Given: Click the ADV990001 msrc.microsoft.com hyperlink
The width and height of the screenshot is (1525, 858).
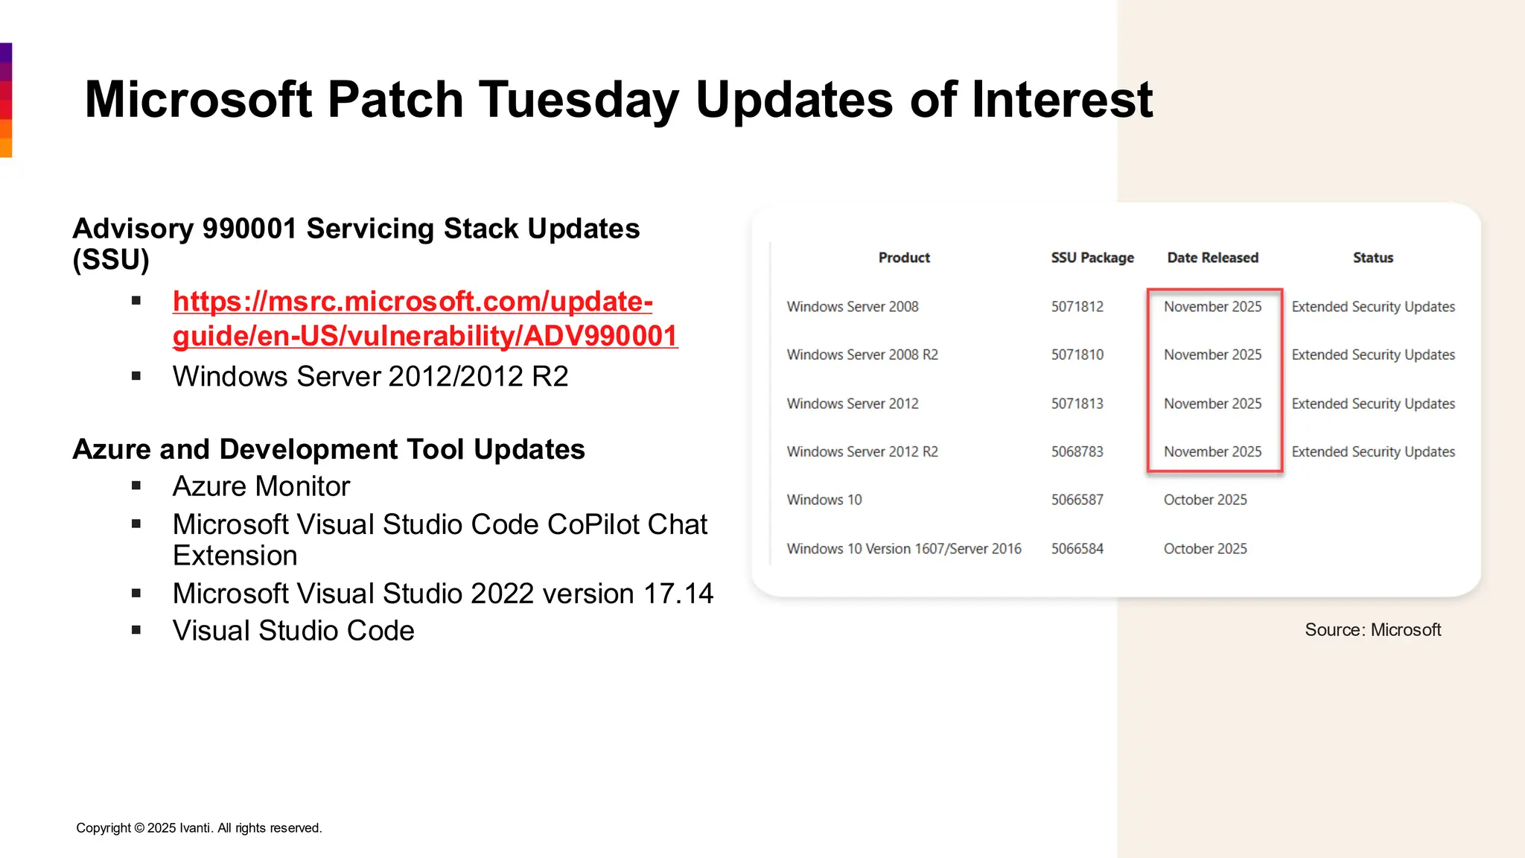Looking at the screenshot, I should pyautogui.click(x=424, y=319).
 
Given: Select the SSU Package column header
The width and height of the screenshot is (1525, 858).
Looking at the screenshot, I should pyautogui.click(x=1092, y=258).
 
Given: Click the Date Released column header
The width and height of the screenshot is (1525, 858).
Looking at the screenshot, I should pyautogui.click(x=1212, y=258).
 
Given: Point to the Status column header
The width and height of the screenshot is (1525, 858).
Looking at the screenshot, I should pyautogui.click(x=1372, y=258).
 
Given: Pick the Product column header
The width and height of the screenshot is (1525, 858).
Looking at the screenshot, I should pyautogui.click(x=904, y=258).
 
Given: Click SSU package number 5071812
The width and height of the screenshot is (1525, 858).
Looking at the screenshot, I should pyautogui.click(x=1077, y=307).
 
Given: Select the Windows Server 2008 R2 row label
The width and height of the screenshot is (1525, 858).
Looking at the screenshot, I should pyautogui.click(x=862, y=355).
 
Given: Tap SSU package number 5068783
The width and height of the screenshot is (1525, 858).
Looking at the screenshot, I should pyautogui.click(x=1077, y=452).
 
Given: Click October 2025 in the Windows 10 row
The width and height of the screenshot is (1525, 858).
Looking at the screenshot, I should pyautogui.click(x=1205, y=500).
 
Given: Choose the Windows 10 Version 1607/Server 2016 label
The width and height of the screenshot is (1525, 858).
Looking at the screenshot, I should pyautogui.click(x=903, y=549).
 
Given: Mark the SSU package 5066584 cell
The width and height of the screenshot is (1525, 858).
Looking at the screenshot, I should pyautogui.click(x=1077, y=549).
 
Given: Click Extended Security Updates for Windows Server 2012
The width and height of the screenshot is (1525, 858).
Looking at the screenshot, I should pyautogui.click(x=1372, y=404).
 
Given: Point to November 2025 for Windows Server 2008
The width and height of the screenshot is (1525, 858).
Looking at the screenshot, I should pyautogui.click(x=1212, y=307).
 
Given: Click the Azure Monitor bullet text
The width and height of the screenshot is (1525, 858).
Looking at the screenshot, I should pyautogui.click(x=261, y=486).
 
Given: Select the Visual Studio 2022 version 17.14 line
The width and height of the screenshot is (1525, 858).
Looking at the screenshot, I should pyautogui.click(x=442, y=594).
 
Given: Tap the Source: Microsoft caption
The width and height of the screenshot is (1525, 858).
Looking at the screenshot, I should pyautogui.click(x=1372, y=630).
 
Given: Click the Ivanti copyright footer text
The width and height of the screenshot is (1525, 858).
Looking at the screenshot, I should pyautogui.click(x=199, y=828).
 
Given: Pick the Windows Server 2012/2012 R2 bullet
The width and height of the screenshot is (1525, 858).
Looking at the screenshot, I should pyautogui.click(x=370, y=377).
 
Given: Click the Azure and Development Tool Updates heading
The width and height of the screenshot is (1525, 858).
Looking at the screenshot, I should pyautogui.click(x=328, y=450).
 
